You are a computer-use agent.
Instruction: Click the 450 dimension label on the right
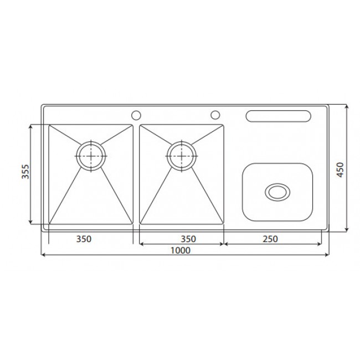pos(340,168)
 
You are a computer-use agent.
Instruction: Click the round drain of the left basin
pos(90,156)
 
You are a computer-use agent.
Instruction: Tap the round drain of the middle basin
pos(181,156)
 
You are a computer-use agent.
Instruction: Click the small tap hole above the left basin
pos(135,115)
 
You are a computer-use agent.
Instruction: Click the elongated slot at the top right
pos(278,116)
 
